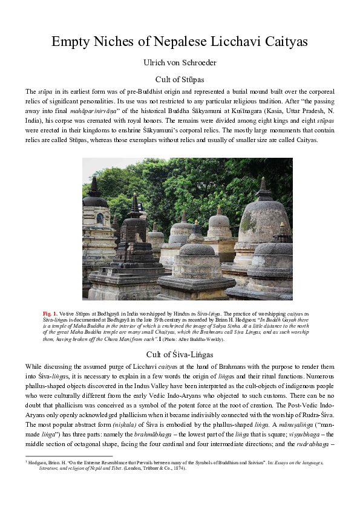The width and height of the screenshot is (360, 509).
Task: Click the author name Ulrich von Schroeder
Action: (180, 62)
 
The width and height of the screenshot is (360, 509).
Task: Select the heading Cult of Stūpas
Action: (180, 79)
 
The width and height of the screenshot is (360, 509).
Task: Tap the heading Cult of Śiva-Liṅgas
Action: (180, 354)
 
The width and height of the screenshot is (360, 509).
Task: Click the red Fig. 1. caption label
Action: (50, 314)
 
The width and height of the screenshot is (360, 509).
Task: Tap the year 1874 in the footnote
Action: (177, 467)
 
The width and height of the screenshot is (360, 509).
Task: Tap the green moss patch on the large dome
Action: (249, 222)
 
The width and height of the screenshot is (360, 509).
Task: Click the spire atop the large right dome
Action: (264, 189)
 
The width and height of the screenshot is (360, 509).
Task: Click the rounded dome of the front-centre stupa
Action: (197, 249)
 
